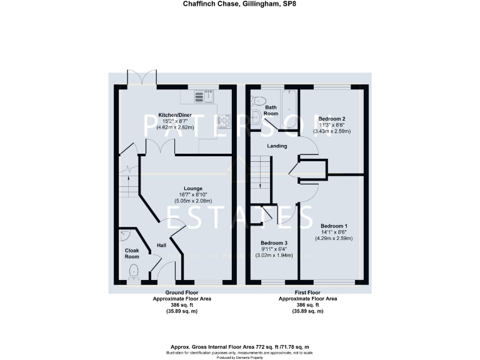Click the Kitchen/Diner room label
pos(176,115)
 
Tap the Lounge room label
pos(192,188)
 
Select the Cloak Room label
pos(131,253)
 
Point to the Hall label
pos(161,245)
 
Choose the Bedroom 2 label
pos(332,119)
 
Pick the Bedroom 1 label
pos(334,226)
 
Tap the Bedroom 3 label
pos(274,242)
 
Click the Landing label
pos(277,146)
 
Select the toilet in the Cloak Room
pos(133,271)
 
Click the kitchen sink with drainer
pos(203,96)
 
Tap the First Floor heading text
pos(307,292)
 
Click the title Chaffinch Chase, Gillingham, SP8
pos(239,4)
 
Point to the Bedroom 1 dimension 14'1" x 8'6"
pos(334,232)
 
